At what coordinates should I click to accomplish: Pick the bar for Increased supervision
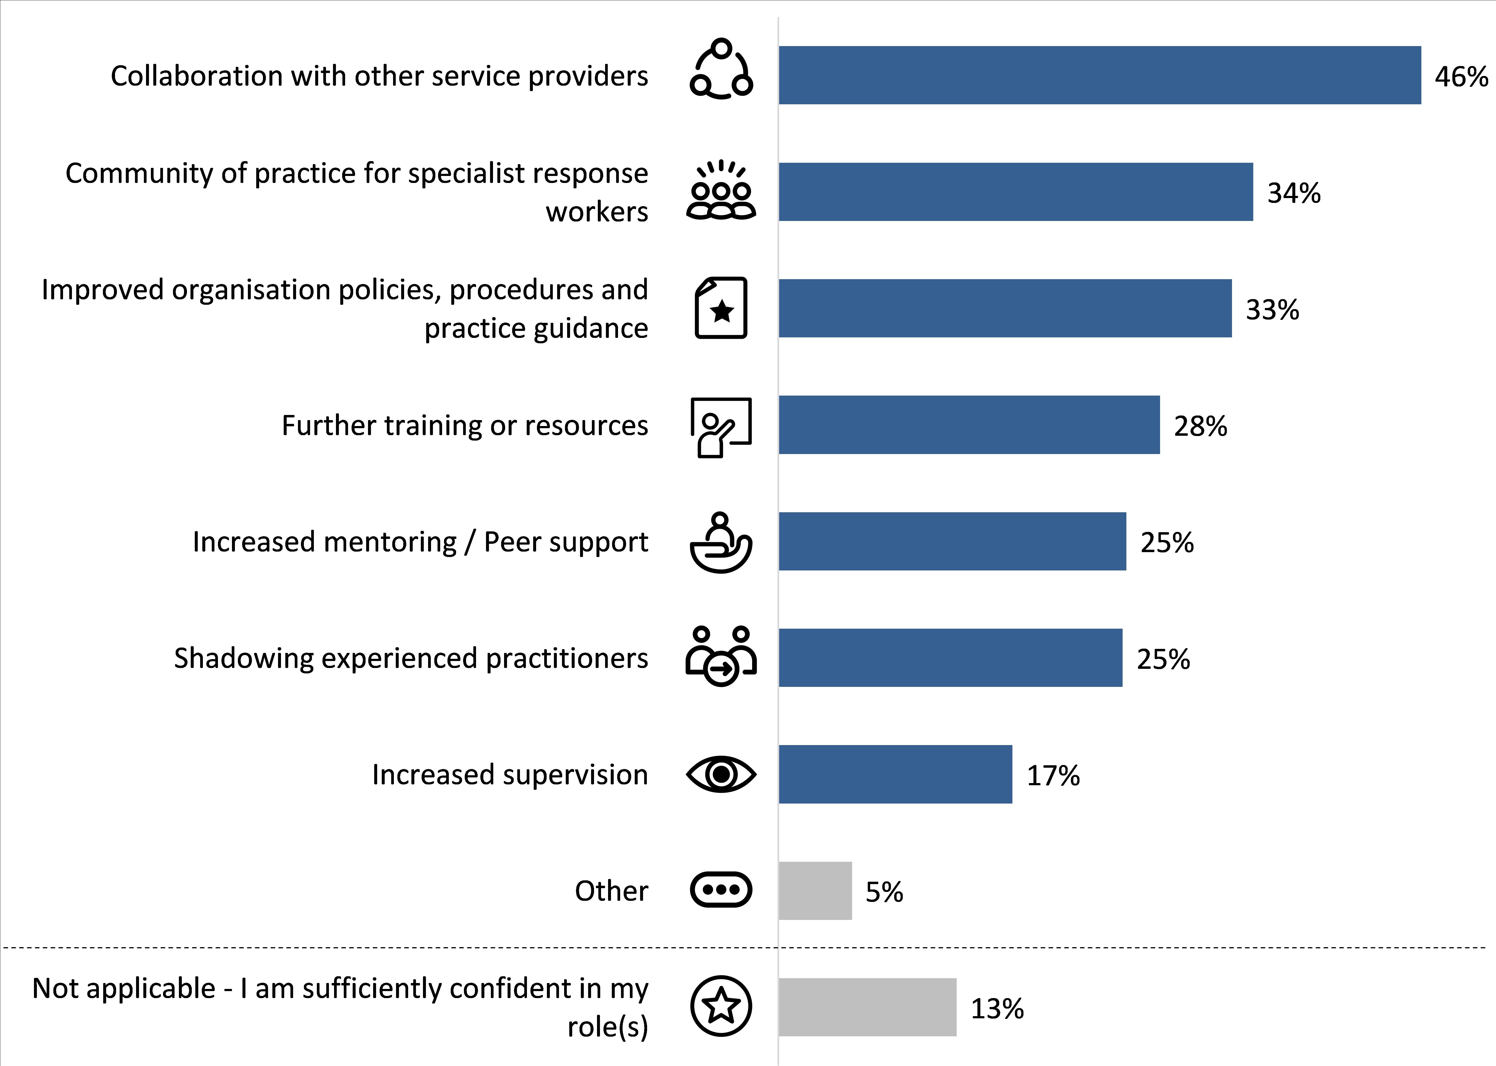click(x=895, y=774)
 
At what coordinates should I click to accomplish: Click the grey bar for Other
click(x=815, y=891)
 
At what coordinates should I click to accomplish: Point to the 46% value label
click(x=1460, y=77)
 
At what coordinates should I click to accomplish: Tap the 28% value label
click(x=1200, y=426)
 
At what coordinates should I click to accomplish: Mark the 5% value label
click(x=884, y=892)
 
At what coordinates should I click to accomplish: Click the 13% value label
click(x=997, y=1008)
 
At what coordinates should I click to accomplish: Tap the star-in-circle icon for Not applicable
click(x=721, y=1006)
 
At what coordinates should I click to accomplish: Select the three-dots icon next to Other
click(x=721, y=890)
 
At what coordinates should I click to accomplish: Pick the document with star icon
click(x=721, y=308)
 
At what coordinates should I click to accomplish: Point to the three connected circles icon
click(x=721, y=69)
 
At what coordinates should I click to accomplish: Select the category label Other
click(x=611, y=891)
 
